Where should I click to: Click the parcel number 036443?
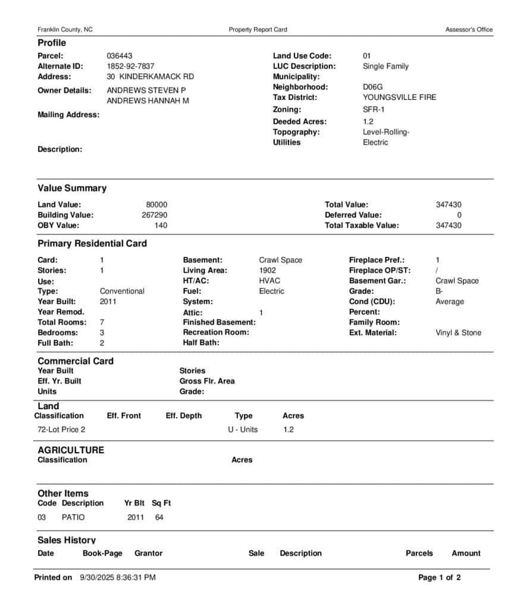(120, 56)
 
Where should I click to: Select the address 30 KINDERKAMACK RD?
(150, 77)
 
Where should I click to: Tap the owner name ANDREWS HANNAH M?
(148, 101)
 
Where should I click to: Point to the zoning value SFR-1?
(374, 109)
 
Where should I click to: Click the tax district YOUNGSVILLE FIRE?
(399, 98)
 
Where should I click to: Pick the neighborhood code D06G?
(372, 87)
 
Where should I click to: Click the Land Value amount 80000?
(156, 205)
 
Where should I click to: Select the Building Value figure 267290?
(154, 215)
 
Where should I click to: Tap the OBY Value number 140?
(161, 225)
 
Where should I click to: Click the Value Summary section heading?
(72, 189)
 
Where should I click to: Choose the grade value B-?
(439, 291)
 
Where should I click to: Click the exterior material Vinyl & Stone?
(458, 333)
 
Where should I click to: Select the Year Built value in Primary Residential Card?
(108, 302)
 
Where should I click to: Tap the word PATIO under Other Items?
(73, 517)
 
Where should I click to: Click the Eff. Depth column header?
(183, 416)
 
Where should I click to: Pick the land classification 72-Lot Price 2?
(61, 429)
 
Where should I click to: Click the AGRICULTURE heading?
(70, 450)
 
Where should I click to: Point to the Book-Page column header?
(102, 553)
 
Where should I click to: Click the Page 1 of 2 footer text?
(439, 577)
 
